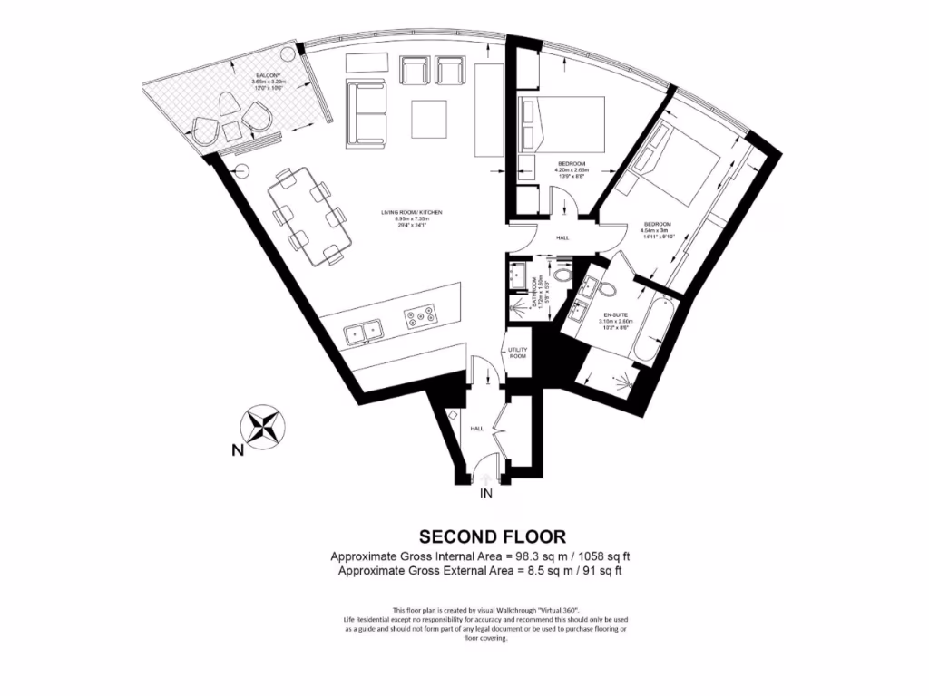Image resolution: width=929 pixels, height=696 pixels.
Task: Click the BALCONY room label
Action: tap(267, 73)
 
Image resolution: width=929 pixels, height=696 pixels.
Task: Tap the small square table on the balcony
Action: tap(232, 130)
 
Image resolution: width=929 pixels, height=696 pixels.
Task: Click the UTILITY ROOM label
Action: tap(517, 353)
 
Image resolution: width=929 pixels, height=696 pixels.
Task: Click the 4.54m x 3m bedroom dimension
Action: tap(657, 231)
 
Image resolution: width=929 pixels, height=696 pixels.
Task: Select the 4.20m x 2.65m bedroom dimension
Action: tap(572, 170)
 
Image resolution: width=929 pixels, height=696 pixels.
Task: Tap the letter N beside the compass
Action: tap(236, 450)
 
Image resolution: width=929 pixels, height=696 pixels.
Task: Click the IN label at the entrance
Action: tap(485, 495)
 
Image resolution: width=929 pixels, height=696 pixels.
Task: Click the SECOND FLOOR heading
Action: tap(492, 536)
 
